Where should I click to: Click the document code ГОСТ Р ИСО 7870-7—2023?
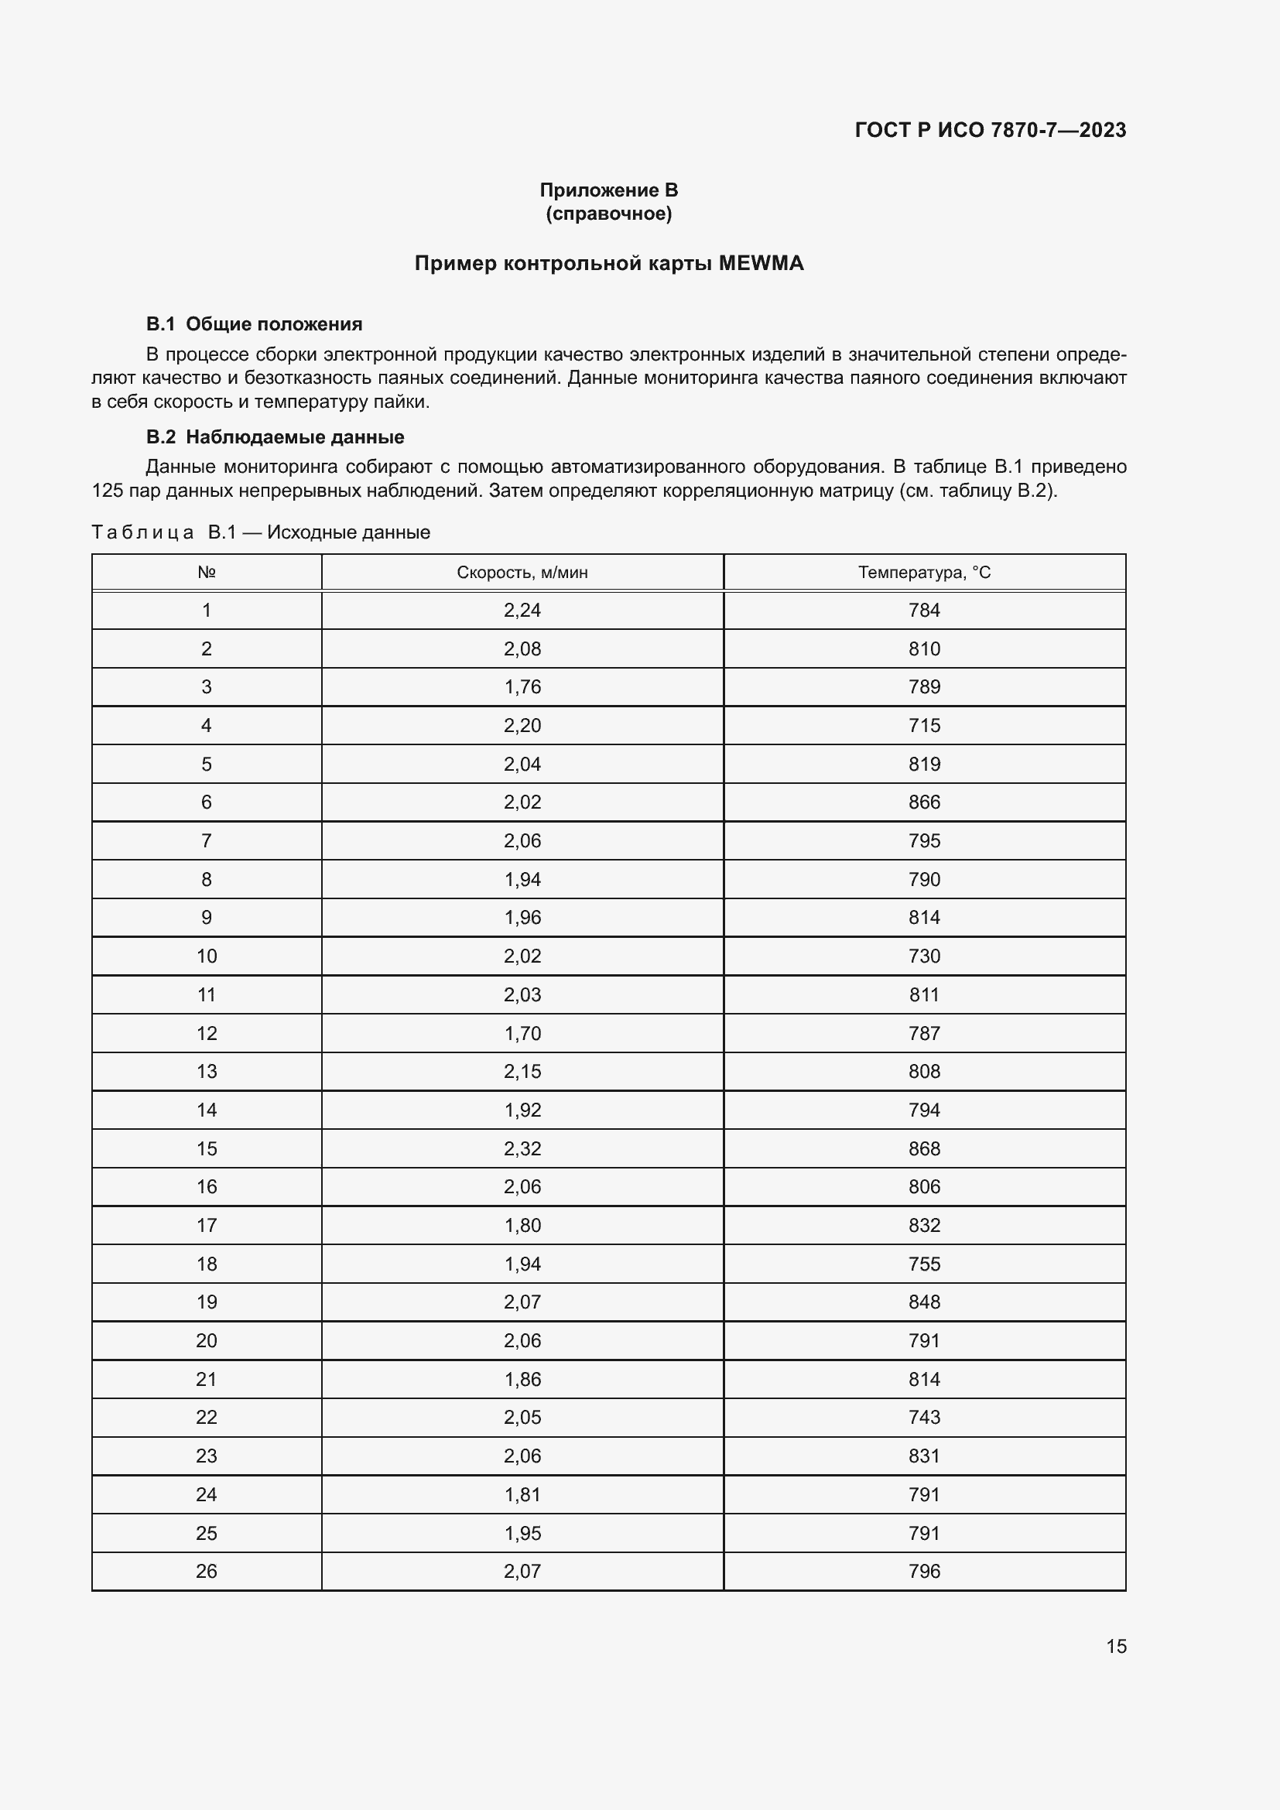point(990,130)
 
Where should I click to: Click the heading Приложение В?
point(608,190)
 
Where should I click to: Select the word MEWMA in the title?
point(761,263)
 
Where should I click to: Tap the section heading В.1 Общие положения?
point(254,324)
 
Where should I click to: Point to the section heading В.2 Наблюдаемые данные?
point(275,436)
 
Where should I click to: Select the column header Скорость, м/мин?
point(522,573)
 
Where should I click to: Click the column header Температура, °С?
point(924,573)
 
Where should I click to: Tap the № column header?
point(207,573)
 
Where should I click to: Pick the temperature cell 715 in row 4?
point(924,725)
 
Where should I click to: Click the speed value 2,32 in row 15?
point(522,1148)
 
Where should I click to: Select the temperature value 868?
point(924,1148)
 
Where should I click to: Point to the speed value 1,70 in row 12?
point(522,1034)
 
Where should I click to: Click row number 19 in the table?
point(207,1302)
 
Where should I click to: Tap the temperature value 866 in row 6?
point(924,802)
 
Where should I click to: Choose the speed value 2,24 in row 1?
point(522,610)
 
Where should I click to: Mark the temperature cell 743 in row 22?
point(924,1418)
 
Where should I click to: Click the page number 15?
point(1116,1646)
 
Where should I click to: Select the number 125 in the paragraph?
point(108,491)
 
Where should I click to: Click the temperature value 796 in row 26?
point(924,1571)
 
